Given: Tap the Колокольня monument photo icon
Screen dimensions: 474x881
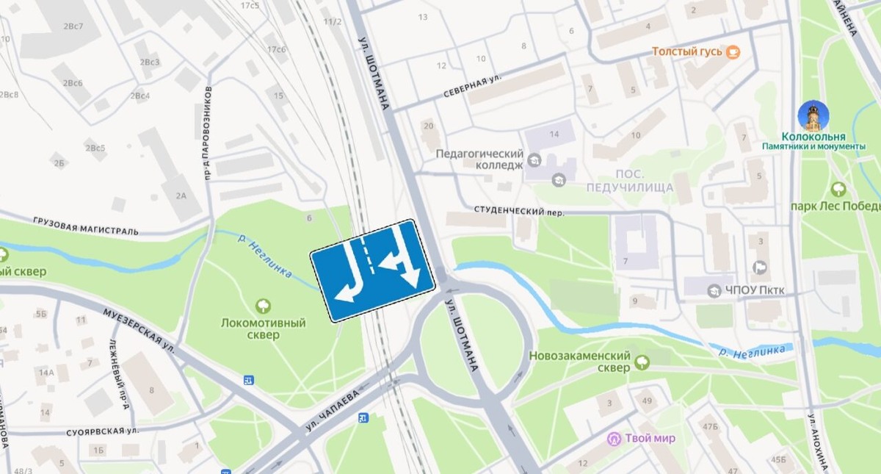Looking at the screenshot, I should pyautogui.click(x=813, y=115).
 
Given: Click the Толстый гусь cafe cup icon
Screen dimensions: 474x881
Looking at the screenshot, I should pyautogui.click(x=733, y=51).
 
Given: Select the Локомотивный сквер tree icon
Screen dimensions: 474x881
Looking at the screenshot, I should pyautogui.click(x=262, y=306).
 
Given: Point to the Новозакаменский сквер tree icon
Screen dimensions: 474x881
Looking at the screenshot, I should pyautogui.click(x=642, y=361).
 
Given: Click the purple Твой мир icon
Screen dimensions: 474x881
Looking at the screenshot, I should pyautogui.click(x=614, y=439).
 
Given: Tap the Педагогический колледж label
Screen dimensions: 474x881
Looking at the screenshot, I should pyautogui.click(x=479, y=159).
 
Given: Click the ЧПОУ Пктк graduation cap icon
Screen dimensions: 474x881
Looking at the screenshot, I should pyautogui.click(x=714, y=291).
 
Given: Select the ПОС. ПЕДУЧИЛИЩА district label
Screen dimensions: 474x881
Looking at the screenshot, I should pyautogui.click(x=630, y=181).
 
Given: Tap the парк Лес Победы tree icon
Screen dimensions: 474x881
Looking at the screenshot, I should pyautogui.click(x=838, y=189).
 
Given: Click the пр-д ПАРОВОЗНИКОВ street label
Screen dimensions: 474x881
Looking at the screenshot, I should pyautogui.click(x=209, y=132).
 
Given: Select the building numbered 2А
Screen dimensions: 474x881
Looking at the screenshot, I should pyautogui.click(x=181, y=195).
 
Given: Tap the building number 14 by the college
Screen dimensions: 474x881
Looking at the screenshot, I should pyautogui.click(x=554, y=134).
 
